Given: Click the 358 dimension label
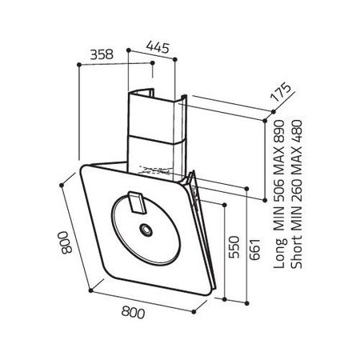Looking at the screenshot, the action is (x=102, y=54).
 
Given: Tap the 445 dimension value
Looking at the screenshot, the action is (x=158, y=47).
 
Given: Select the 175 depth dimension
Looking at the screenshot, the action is (x=280, y=92).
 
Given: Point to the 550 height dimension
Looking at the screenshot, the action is (x=234, y=247).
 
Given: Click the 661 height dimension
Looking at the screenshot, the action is (x=254, y=249).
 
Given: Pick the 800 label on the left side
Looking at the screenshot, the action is (x=66, y=242).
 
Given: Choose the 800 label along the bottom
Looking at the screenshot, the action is (x=134, y=312).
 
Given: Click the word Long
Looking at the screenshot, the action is (x=281, y=253).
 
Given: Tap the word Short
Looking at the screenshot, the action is (x=297, y=251).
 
